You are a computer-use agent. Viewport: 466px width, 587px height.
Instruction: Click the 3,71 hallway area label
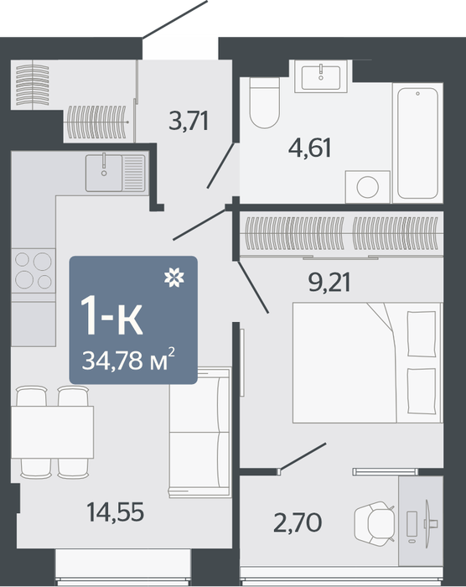189,121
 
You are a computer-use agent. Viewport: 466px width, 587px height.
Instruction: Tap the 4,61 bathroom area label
310,148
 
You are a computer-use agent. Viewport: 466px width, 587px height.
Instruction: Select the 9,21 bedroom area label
329,283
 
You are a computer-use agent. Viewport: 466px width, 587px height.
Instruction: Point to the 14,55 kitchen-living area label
116,512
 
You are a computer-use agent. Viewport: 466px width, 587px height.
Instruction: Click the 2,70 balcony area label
298,522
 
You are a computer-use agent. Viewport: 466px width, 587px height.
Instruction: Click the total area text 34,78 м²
128,360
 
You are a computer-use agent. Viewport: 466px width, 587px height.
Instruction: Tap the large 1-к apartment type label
111,315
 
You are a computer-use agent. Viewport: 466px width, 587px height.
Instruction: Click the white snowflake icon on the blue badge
174,278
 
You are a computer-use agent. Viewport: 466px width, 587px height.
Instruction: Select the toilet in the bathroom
264,102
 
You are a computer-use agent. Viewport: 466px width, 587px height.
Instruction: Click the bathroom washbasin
321,77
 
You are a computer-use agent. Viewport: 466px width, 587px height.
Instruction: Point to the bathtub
417,143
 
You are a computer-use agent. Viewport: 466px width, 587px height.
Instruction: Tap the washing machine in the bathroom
368,187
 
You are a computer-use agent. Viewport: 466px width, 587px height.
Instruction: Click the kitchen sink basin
104,173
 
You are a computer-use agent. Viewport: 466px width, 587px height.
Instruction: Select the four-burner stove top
34,270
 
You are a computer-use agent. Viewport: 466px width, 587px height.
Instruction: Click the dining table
52,432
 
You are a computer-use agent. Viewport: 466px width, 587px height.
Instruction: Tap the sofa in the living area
199,433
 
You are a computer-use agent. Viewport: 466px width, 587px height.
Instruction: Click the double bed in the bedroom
368,363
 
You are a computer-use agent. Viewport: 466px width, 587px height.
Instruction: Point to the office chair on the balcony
375,522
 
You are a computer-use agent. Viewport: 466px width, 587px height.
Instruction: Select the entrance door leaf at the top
175,19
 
